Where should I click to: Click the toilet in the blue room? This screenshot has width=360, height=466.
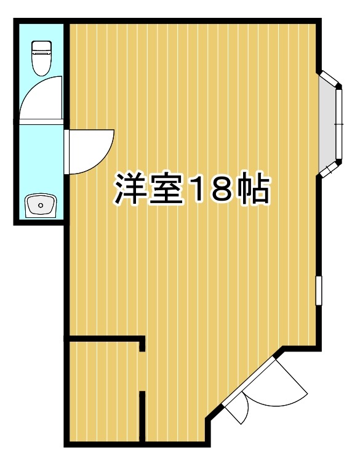click(41, 57)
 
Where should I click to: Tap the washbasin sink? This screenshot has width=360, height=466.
click(41, 205)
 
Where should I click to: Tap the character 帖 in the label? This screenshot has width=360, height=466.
click(252, 190)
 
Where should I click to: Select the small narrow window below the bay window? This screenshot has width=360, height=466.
click(319, 290)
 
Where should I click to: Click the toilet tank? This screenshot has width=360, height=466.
click(41, 46)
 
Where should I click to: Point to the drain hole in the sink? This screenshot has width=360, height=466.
click(40, 205)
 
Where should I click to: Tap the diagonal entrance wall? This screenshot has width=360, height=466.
click(242, 385)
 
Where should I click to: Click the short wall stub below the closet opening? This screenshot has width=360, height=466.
click(142, 416)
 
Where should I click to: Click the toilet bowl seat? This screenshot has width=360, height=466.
click(41, 63)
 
